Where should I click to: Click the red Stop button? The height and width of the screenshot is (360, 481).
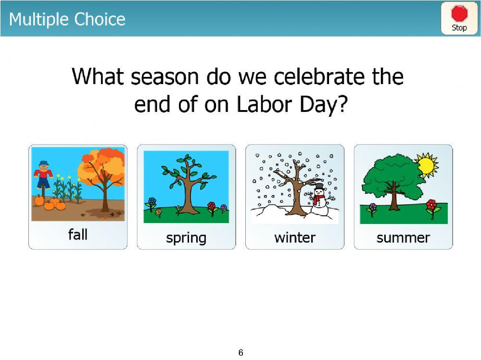(x=459, y=18)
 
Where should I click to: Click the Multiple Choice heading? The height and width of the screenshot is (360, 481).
(x=67, y=19)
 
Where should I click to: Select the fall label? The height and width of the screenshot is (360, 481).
(x=78, y=235)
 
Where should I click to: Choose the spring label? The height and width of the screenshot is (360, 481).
(x=186, y=237)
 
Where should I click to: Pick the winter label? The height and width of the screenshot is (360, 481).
(x=294, y=237)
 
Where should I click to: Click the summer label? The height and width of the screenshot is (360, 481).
(x=403, y=237)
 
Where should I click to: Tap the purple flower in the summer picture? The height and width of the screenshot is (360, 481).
(x=372, y=208)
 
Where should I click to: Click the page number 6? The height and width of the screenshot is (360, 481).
(x=240, y=353)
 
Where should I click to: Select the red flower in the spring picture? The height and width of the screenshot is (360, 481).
(x=211, y=207)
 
